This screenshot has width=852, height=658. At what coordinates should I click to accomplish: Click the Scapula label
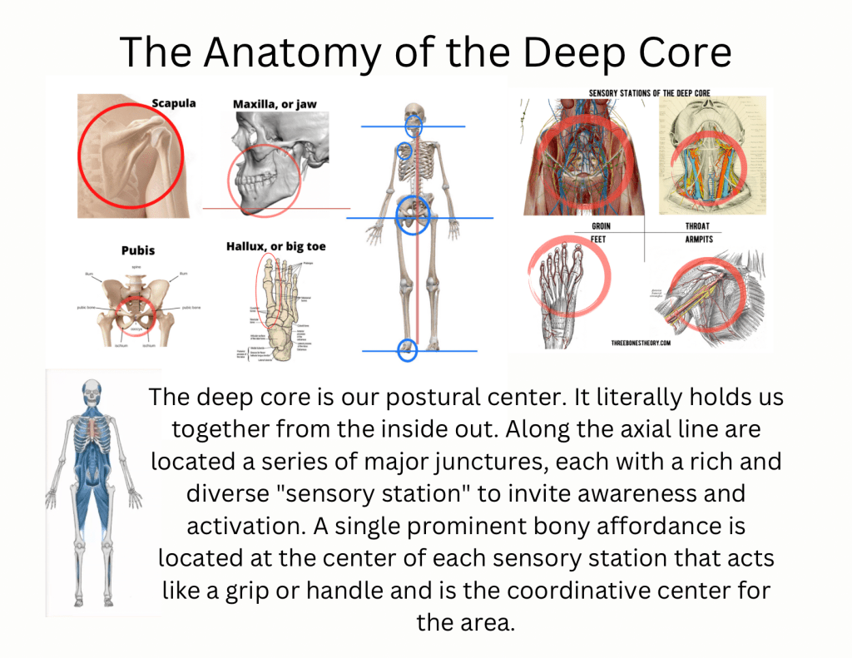click(x=173, y=103)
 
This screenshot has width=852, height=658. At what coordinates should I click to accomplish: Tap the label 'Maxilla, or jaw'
click(x=275, y=104)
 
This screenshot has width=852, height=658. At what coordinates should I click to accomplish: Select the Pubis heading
click(x=137, y=250)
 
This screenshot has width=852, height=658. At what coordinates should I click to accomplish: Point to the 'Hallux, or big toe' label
click(x=275, y=246)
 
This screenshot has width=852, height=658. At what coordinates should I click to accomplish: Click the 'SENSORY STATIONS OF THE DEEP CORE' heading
click(x=649, y=93)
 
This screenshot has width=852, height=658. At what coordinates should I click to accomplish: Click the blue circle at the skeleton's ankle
click(x=407, y=350)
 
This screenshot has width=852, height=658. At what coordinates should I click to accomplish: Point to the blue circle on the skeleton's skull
click(x=413, y=126)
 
